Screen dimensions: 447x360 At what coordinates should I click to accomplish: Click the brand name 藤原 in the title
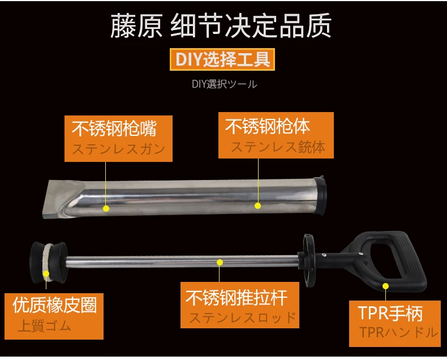pos(136,26)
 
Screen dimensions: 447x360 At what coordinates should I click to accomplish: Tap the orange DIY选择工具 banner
pos(222,59)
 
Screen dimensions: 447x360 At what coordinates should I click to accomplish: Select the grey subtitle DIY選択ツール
pos(225,84)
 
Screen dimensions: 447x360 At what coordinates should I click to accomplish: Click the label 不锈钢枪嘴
pos(114,128)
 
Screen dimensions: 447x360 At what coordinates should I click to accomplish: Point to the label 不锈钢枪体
pos(268,126)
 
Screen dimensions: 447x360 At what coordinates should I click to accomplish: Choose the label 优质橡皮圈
pos(55,305)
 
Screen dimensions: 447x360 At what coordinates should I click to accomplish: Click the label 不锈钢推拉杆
pos(237,297)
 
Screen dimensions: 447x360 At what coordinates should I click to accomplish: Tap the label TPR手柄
pos(390,313)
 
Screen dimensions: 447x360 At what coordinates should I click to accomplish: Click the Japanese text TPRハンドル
pos(398,332)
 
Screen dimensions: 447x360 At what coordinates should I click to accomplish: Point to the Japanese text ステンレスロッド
pos(243,318)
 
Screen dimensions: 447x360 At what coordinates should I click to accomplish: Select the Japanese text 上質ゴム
pos(45,326)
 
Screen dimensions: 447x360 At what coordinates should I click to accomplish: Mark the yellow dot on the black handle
pos(385,286)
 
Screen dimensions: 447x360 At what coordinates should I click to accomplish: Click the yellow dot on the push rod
pos(220,262)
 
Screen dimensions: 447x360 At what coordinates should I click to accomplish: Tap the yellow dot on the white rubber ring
pos(46,274)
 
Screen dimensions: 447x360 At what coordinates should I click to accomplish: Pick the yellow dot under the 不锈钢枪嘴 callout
pos(106,208)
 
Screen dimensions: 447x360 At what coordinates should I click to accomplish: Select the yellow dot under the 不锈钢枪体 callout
pos(257,205)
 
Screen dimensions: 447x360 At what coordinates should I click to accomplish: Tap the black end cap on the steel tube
pos(319,195)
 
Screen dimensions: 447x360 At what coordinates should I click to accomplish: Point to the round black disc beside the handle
pos(308,260)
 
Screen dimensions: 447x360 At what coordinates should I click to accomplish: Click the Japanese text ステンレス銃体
pos(278,147)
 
